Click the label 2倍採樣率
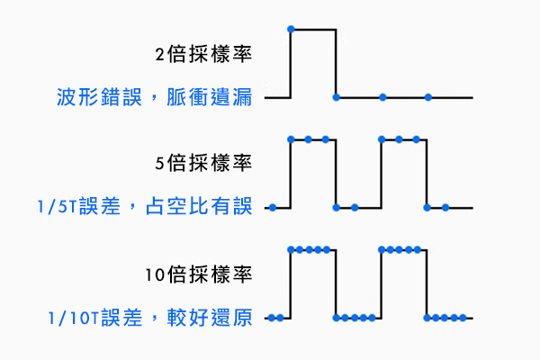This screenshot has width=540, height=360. [x=202, y=54]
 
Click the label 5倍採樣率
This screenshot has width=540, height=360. [x=202, y=165]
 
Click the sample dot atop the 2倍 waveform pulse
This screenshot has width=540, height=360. [x=290, y=30]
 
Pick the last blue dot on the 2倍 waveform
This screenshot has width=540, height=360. [x=428, y=96]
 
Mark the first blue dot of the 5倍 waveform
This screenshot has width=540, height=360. [x=273, y=207]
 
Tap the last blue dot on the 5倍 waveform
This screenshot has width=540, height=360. [x=445, y=207]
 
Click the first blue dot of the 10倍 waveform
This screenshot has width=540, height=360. [x=272, y=317]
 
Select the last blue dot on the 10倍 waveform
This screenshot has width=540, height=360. [x=463, y=317]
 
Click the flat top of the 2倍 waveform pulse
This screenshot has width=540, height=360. [x=313, y=30]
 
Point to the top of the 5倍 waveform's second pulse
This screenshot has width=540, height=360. [x=403, y=139]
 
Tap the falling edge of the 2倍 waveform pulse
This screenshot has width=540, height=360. [x=336, y=63]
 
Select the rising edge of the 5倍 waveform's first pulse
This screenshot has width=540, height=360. [x=290, y=173]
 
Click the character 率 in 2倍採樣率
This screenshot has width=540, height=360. [x=243, y=54]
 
